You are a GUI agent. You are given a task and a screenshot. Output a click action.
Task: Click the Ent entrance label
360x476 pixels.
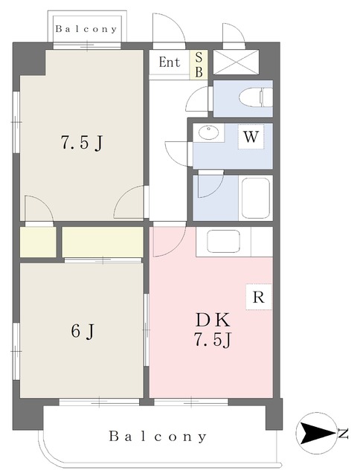[x=170, y=62]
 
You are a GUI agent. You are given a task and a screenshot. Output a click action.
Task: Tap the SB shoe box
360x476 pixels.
[x=199, y=65]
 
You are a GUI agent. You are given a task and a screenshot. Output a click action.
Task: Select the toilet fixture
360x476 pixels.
[x=256, y=97]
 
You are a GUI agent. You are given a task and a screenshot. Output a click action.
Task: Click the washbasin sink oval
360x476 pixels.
[x=208, y=132]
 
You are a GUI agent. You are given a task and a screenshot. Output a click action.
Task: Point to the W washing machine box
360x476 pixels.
[x=251, y=137]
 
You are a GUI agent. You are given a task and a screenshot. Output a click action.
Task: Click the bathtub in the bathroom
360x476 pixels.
[x=256, y=198]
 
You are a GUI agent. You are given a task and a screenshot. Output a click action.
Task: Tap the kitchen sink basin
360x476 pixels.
[x=223, y=241]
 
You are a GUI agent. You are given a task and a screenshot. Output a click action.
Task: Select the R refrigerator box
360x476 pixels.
[x=258, y=297]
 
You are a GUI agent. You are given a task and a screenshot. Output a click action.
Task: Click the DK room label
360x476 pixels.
[x=213, y=320]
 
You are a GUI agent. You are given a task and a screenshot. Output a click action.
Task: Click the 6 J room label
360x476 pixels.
[x=83, y=331]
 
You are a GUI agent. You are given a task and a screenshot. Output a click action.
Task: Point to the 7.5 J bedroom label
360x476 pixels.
[x=82, y=142]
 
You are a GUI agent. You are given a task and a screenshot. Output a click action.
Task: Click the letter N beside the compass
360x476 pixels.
[x=344, y=434]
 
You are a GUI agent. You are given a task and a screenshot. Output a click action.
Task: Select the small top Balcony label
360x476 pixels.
[x=86, y=29]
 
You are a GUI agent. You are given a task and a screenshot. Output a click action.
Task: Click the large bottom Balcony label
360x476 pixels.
[x=158, y=437]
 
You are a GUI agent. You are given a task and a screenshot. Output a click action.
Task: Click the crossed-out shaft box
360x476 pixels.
[x=236, y=62]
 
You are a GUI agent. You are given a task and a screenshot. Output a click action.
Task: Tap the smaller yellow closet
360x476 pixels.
[x=38, y=242]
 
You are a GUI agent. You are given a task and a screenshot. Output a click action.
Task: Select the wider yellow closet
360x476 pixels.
[x=103, y=242]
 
